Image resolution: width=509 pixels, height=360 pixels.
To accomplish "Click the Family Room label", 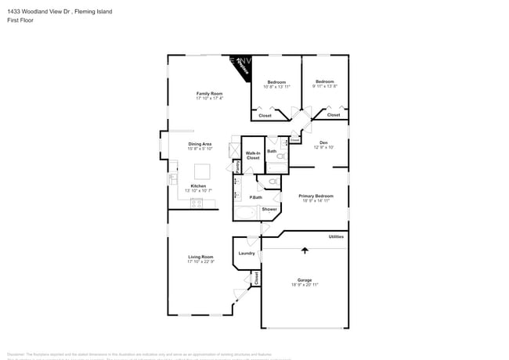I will coord(209,93).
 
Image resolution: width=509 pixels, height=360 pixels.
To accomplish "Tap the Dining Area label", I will coord(200,144).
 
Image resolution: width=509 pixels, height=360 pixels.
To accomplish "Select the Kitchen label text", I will coord(198,185).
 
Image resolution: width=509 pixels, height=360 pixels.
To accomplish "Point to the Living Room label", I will coord(200,257).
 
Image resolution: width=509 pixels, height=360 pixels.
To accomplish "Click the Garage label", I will coord(304,279).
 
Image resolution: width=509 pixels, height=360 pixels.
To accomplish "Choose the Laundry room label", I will coord(247,253).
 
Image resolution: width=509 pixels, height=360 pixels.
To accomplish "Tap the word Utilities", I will coord(336,236).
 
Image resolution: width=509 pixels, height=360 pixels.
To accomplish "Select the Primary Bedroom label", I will coord(316,196).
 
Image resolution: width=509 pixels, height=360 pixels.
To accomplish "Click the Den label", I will coord(323,142).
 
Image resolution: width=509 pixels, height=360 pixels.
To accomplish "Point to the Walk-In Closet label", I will coord(253,155).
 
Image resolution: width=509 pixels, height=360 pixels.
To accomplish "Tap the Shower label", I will coord(269,209).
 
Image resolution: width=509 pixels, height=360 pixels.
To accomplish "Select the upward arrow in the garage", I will coord(305,250).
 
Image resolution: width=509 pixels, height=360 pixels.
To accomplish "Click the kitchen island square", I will coord(202,171).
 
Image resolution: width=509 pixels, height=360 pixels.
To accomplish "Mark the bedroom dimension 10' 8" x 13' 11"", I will coord(276,87).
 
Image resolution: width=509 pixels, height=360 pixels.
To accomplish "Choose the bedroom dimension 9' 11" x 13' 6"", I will coord(325,86).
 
